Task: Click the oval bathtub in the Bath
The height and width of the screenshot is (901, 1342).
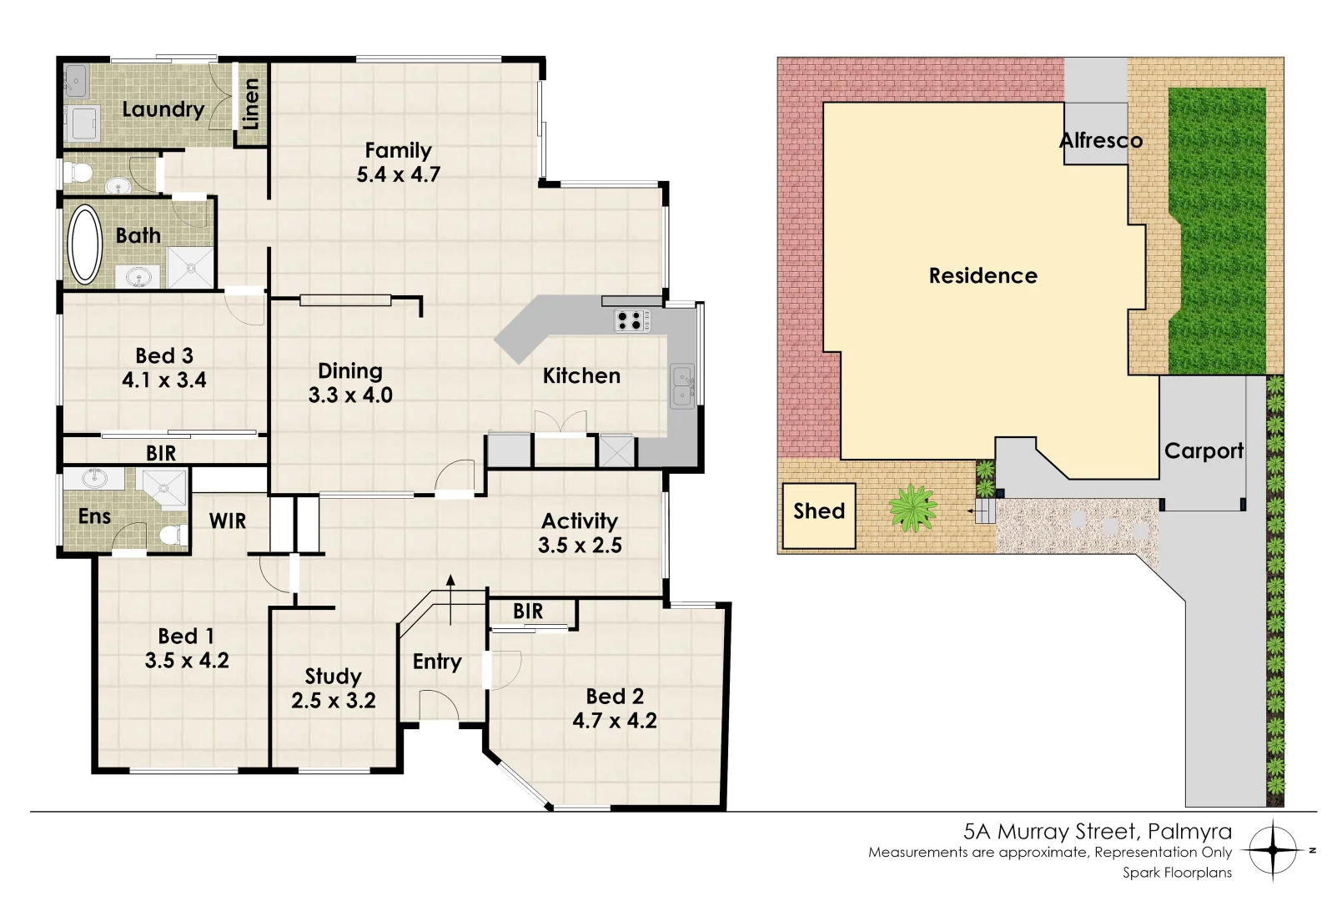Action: [84, 244]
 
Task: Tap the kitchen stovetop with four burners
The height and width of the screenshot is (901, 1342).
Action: [632, 320]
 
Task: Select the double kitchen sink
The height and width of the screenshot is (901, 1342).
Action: [682, 387]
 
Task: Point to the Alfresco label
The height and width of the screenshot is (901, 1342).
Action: [1101, 141]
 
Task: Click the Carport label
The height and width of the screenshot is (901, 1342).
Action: [1204, 451]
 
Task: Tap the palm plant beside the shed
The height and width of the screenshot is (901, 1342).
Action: [912, 508]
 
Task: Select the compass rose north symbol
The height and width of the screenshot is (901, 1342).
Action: [1274, 851]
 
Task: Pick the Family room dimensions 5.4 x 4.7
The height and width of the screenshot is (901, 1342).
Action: [398, 175]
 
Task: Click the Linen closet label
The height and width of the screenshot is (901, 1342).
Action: [250, 103]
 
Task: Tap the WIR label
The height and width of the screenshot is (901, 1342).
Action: [228, 521]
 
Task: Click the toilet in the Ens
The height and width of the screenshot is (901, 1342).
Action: [173, 535]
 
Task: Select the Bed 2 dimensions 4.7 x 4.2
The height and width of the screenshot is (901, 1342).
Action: [615, 721]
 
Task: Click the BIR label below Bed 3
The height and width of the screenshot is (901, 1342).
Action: [161, 453]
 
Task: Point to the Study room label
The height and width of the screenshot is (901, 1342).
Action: [333, 676]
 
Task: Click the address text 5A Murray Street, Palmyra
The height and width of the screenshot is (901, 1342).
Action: [1097, 831]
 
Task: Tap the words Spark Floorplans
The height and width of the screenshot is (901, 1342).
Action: [1177, 873]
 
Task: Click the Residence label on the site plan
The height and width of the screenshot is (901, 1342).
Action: [983, 276]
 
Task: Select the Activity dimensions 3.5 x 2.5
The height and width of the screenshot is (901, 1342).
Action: [580, 546]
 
